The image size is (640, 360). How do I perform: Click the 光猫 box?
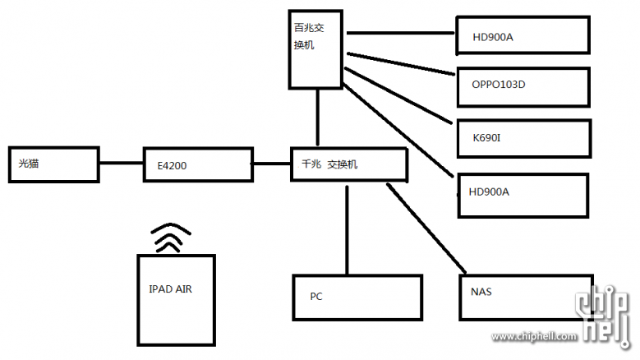[53, 164]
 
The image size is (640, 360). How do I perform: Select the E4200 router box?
[197, 164]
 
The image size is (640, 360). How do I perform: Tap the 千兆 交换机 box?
[348, 165]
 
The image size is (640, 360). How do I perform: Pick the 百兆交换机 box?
[317, 49]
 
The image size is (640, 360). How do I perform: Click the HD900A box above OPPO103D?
[523, 35]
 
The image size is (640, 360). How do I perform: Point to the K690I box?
[523, 137]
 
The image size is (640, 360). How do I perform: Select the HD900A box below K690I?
[523, 195]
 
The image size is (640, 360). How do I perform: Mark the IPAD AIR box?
[176, 298]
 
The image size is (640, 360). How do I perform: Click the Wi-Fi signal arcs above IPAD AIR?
[171, 238]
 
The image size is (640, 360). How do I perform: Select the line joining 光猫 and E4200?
[121, 164]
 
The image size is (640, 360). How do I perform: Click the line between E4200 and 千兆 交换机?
[271, 164]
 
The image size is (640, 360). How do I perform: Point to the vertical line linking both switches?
[319, 118]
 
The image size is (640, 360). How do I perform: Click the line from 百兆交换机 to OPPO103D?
[401, 65]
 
